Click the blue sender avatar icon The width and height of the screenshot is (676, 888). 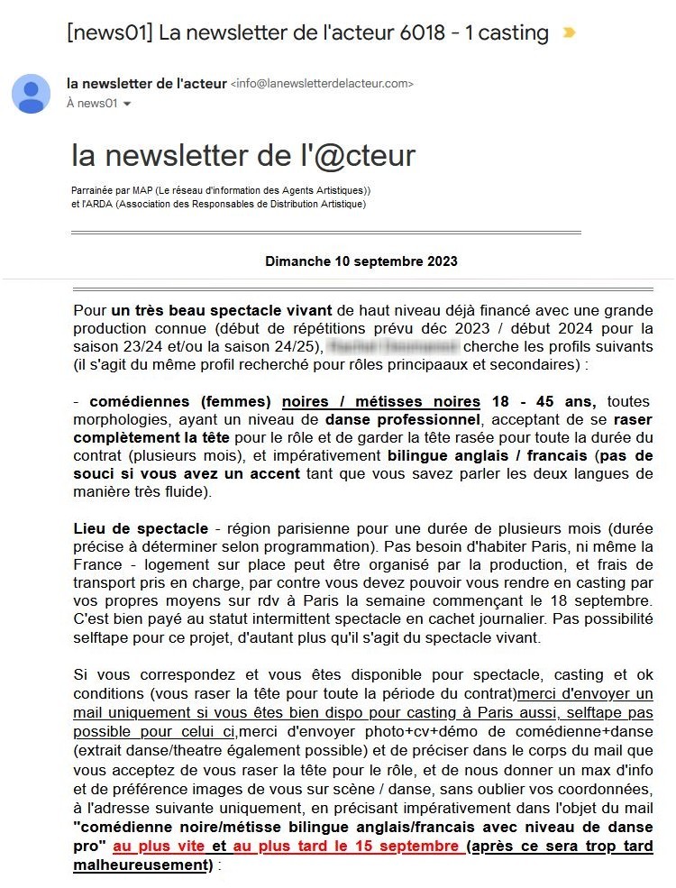coord(31,94)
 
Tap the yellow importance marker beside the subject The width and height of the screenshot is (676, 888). coord(569,33)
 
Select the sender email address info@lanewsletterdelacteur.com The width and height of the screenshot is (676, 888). coord(322,84)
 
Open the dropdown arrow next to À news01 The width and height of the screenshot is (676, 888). coord(127,105)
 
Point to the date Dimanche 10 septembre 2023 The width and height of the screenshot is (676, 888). coord(361,261)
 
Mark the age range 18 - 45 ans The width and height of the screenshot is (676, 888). coord(543,401)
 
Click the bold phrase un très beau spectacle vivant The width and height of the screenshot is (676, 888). coord(223,311)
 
